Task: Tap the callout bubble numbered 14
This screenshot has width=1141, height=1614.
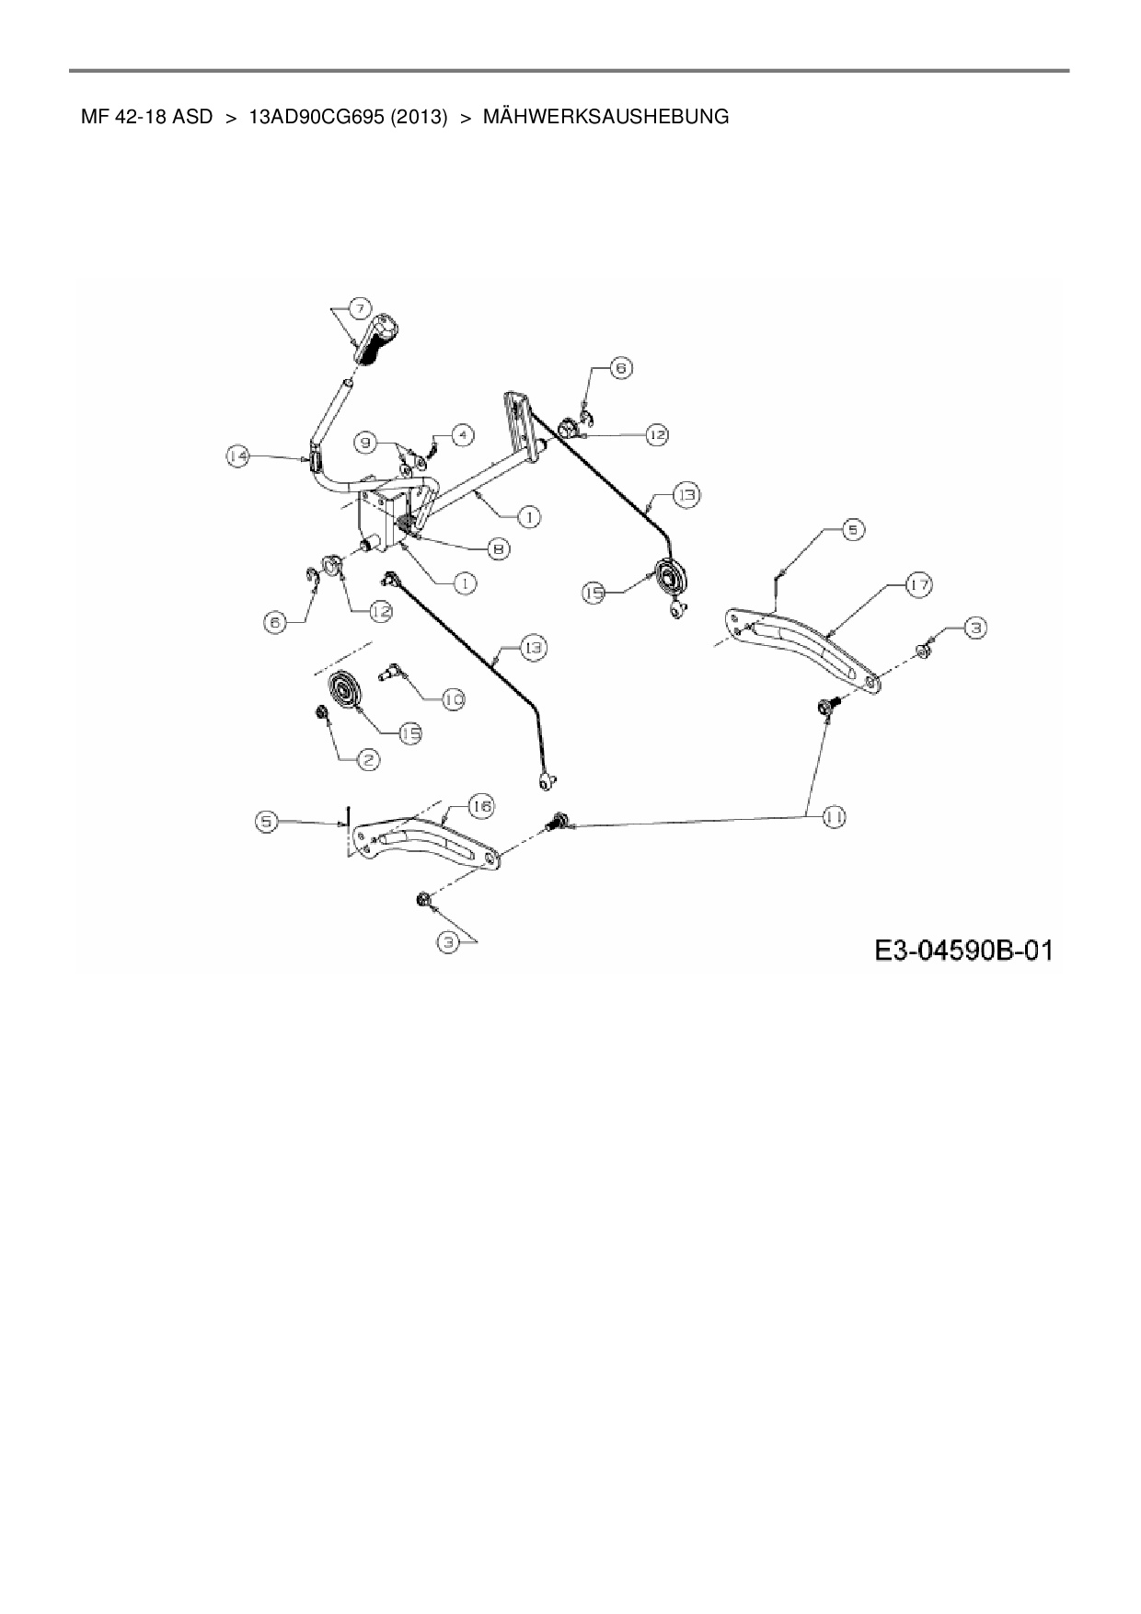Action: pos(238,456)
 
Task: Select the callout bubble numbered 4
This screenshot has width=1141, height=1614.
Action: pos(462,432)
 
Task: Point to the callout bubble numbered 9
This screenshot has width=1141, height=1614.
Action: pos(365,444)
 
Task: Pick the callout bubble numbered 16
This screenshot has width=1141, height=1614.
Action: pos(481,806)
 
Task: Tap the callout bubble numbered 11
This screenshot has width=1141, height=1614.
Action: pos(835,816)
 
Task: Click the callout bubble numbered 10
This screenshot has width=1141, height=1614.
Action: pos(453,700)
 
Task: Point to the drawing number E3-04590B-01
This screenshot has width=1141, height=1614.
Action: pos(962,950)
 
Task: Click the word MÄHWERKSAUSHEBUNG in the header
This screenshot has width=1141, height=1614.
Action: pos(605,117)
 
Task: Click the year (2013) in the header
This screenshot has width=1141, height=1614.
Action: pos(419,117)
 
